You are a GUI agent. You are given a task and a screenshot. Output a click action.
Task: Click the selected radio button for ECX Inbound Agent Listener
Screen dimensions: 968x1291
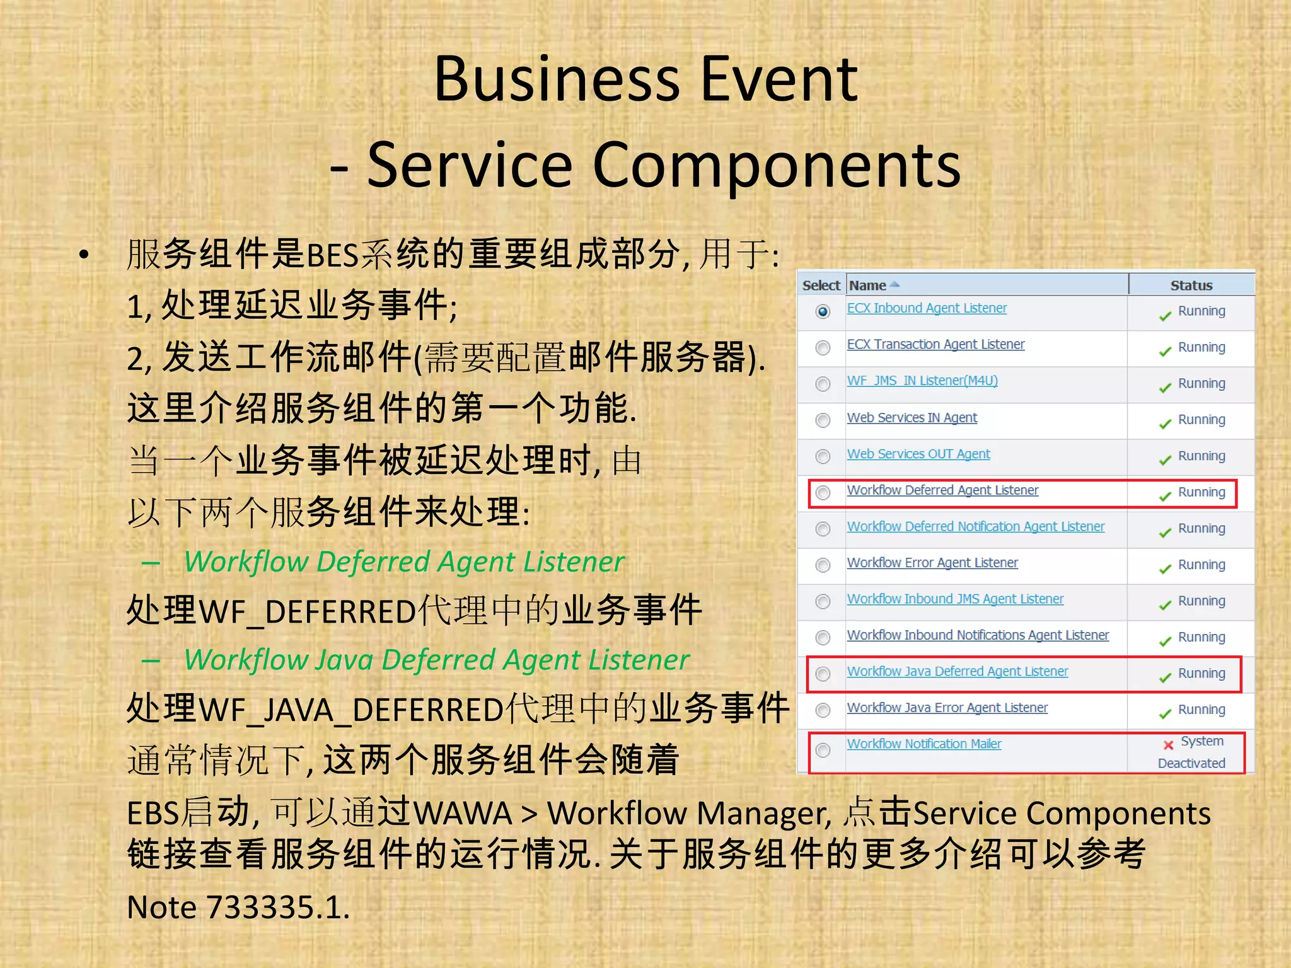coord(823,311)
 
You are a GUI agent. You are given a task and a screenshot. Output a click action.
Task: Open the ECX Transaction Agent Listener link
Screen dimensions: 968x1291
coord(935,345)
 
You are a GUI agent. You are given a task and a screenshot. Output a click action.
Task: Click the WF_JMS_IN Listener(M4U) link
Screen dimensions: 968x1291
coord(922,381)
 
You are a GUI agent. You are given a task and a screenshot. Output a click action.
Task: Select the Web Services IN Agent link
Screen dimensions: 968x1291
coord(912,418)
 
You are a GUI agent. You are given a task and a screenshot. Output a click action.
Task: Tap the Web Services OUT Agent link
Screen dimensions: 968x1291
coord(918,454)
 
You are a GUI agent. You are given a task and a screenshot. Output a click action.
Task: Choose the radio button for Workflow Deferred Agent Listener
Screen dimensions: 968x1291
coord(823,493)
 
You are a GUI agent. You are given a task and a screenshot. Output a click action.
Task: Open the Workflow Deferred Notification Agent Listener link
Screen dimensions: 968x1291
coord(975,526)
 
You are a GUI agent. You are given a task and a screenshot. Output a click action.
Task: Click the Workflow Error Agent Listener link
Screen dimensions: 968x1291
coord(932,563)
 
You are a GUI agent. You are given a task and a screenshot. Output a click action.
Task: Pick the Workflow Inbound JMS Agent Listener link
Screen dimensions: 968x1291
coord(955,599)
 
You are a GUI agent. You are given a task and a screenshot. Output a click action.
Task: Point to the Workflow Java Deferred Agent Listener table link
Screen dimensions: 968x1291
coord(957,671)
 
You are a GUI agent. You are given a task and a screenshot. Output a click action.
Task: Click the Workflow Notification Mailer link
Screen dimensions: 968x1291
coord(923,744)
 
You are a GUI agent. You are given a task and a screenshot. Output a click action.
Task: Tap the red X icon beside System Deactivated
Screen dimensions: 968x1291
coord(1168,745)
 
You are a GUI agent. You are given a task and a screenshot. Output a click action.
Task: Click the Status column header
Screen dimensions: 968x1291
coord(1191,285)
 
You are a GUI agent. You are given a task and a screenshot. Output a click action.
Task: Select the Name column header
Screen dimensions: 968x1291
coord(867,285)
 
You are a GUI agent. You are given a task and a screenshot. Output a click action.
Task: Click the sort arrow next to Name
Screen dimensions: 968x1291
coord(894,285)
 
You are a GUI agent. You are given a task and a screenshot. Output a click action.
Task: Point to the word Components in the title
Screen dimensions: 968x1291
coord(777,165)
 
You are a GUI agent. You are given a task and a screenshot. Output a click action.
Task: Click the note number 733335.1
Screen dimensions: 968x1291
coord(277,907)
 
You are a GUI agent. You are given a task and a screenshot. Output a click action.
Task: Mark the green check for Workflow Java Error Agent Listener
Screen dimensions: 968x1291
coord(1165,713)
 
